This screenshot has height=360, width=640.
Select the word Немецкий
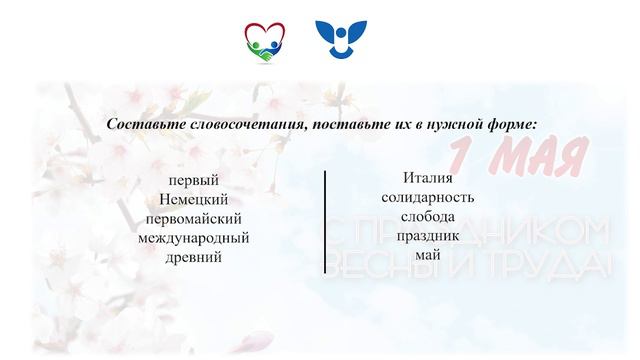[x=194, y=199]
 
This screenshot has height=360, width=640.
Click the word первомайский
[x=194, y=218]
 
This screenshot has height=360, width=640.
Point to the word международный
[x=194, y=237]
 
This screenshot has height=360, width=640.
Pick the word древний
[x=194, y=256]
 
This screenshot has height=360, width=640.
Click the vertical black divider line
[x=325, y=222]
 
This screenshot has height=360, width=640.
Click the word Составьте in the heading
[x=141, y=124]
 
